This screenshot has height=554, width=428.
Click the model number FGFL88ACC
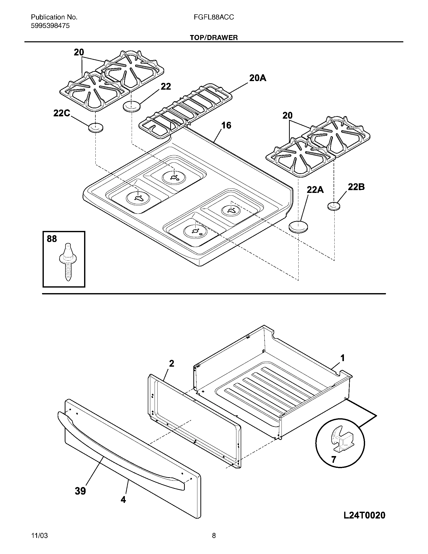(x=214, y=17)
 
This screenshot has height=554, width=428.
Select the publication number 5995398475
(x=50, y=26)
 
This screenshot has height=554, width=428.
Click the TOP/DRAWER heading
(x=214, y=38)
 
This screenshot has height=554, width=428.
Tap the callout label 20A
(x=258, y=78)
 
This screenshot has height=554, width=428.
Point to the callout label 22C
(x=62, y=113)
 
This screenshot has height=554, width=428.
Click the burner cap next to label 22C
(x=96, y=127)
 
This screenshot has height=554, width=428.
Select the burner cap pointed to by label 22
(x=132, y=106)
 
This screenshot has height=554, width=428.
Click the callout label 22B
(x=356, y=187)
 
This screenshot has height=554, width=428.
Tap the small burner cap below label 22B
(x=334, y=206)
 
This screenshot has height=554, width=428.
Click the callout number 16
(x=226, y=125)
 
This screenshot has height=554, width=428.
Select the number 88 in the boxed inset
(x=52, y=239)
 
